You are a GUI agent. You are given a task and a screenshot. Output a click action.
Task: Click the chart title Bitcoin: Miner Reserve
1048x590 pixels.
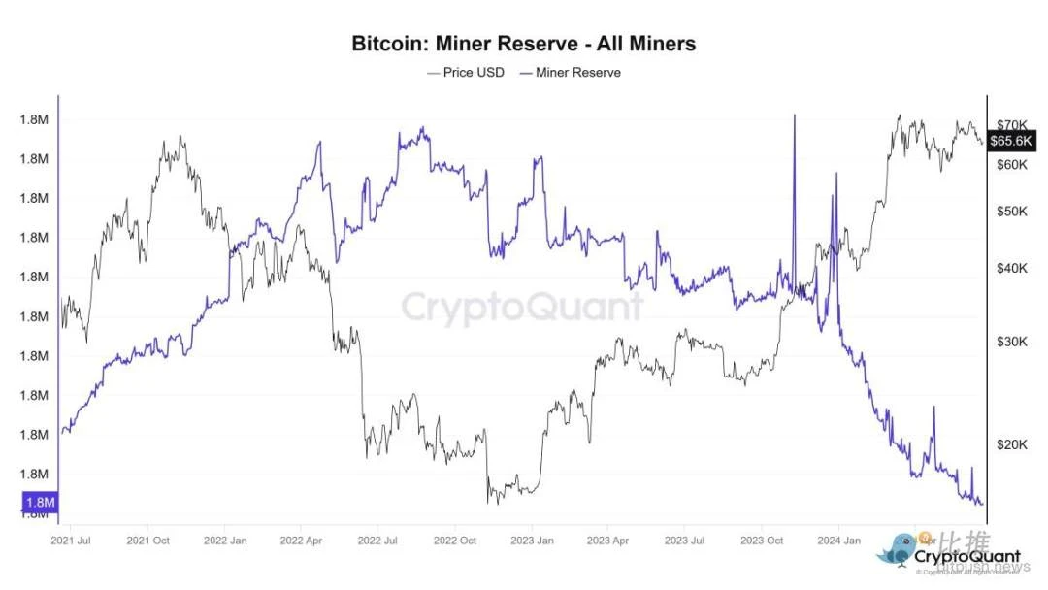point(523,44)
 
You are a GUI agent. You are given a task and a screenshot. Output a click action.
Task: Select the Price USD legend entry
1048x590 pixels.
point(466,73)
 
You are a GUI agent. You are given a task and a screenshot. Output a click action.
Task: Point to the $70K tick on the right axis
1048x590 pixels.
point(1012,125)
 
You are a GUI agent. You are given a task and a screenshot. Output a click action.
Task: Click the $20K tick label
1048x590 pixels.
point(1012,444)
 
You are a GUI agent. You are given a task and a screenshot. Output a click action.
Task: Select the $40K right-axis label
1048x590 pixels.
point(1012,268)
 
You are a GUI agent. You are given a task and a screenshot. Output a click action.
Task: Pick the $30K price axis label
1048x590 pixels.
point(1012,341)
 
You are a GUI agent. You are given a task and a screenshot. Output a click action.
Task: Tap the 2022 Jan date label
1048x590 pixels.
point(224,540)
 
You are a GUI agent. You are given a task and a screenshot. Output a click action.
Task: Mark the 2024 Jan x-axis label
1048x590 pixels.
point(837,540)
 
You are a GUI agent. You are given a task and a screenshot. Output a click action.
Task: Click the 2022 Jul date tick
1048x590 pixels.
point(377,540)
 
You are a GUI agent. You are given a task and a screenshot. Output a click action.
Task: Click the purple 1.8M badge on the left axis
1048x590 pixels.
point(39,502)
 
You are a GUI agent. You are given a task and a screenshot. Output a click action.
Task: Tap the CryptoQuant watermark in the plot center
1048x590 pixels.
point(523,307)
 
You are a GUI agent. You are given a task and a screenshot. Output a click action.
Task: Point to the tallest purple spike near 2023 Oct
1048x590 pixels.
point(795,117)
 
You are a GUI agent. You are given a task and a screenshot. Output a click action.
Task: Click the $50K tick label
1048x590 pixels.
point(1012,212)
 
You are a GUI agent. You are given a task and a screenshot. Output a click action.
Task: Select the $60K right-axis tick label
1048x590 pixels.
point(1012,165)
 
